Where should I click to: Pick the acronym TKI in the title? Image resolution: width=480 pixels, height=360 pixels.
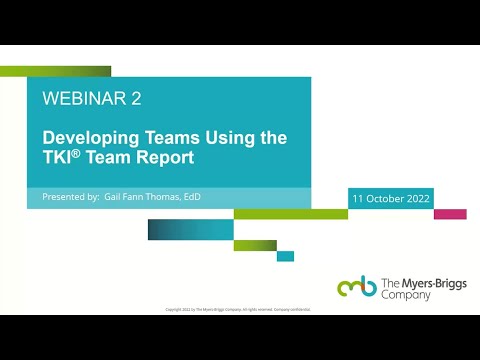coord(58,157)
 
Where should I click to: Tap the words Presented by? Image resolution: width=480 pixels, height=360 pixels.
coord(70,198)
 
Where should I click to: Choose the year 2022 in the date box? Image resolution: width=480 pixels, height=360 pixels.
coord(418,199)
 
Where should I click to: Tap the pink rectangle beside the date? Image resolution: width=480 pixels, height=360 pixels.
coord(450,214)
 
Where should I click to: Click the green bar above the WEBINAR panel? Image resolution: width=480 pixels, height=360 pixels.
coord(55,71)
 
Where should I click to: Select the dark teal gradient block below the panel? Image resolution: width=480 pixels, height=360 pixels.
coord(176,230)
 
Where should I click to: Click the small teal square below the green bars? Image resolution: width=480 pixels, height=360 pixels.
coord(285,256)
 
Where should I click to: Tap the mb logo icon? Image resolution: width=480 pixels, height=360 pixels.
coord(357,287)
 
